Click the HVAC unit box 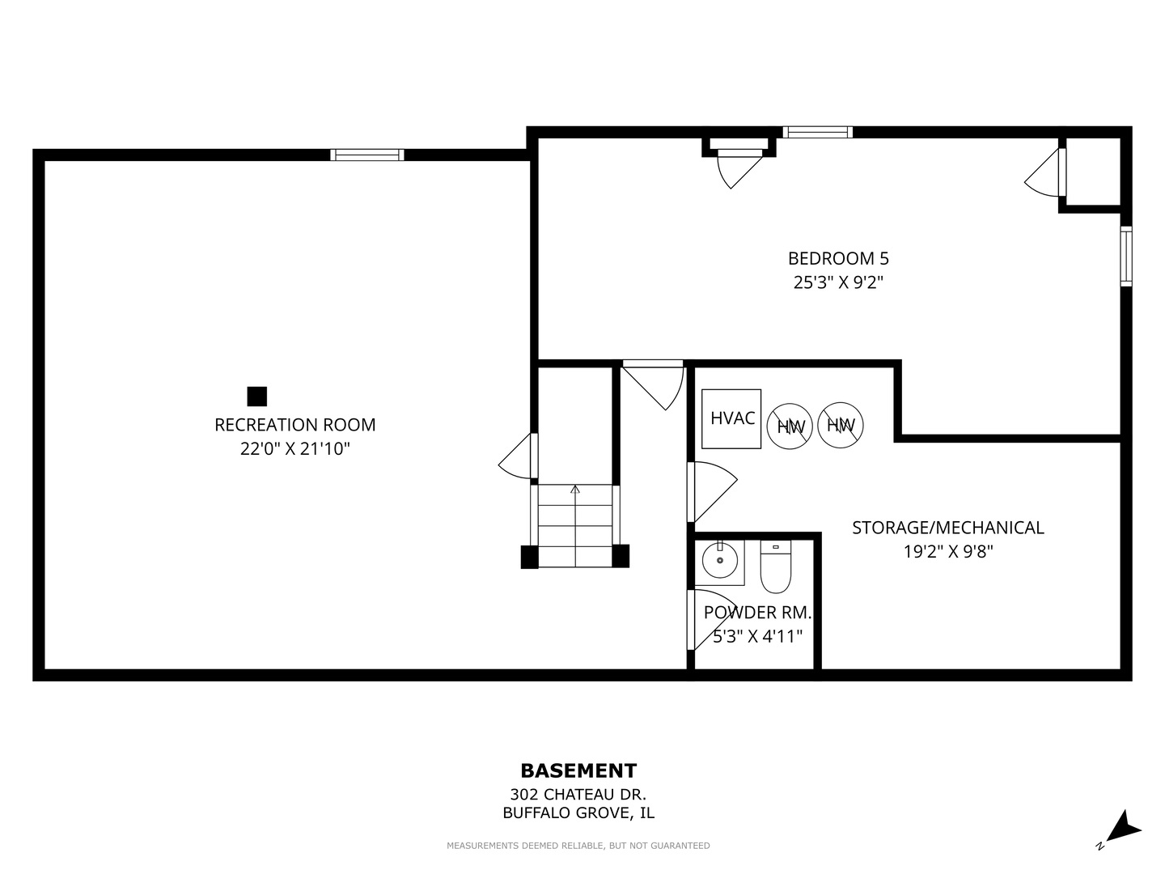[x=731, y=418]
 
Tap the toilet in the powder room [x=775, y=566]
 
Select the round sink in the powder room [x=720, y=560]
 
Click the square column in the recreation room [x=257, y=397]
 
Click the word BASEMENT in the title [x=578, y=770]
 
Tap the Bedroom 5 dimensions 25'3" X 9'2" [x=838, y=282]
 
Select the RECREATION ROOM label [x=295, y=425]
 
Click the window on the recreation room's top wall [x=367, y=155]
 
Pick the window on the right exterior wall [x=1126, y=257]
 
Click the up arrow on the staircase [x=575, y=525]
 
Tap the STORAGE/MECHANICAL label [x=948, y=528]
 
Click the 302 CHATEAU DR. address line [x=578, y=795]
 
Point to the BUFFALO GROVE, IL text [x=578, y=812]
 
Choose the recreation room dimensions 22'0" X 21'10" [x=295, y=449]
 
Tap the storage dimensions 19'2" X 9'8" [x=948, y=552]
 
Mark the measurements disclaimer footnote [x=578, y=846]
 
